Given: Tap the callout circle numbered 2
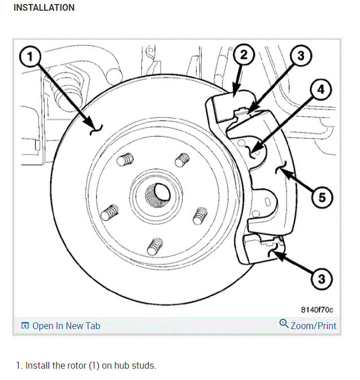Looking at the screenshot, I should point(243,55).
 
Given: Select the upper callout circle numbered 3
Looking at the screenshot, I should point(301,55).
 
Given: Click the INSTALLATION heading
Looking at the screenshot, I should point(44,8).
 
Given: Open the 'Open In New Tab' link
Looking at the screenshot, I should point(66,326).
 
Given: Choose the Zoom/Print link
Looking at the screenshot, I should point(313,326).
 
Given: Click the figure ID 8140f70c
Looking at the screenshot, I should point(317,310).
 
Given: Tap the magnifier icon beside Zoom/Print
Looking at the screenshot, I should point(284,325).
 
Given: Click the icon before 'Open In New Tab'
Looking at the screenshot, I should point(25,326).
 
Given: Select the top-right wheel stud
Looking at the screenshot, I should point(181,160).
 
